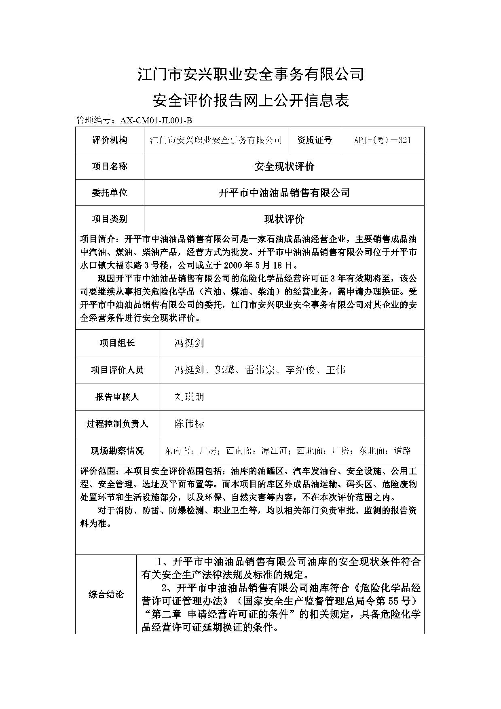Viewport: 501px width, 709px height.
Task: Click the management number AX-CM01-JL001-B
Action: point(154,120)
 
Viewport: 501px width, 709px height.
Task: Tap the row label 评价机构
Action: point(110,140)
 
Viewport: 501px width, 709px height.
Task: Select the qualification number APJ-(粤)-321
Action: point(383,140)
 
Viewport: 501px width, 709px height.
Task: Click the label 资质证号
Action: point(314,140)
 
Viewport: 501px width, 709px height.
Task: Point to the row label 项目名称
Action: point(110,166)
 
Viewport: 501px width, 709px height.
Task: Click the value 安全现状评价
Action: point(284,166)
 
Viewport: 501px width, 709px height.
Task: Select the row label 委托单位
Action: point(110,193)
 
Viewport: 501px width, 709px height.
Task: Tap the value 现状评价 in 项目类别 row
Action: point(284,219)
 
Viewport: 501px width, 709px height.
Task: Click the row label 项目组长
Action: point(117,343)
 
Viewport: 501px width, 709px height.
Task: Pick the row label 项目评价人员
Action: point(117,370)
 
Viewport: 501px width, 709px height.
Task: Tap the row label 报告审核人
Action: point(117,397)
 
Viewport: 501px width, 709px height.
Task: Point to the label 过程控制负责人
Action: point(117,424)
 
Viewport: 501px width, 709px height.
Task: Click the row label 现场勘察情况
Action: point(117,451)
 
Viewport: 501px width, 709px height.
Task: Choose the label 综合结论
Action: point(106,595)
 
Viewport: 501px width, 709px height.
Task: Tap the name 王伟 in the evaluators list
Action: point(335,370)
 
